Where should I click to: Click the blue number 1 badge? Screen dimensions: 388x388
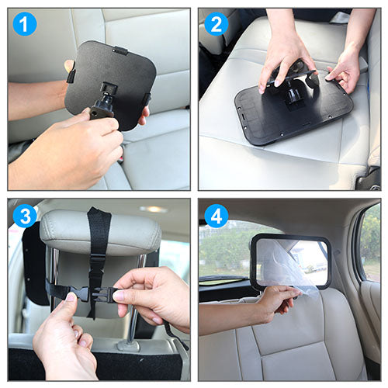[x=25, y=24]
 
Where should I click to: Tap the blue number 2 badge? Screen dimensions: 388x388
[x=217, y=24]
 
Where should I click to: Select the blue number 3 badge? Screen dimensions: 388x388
[x=25, y=216]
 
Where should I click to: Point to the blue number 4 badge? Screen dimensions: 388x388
[x=217, y=216]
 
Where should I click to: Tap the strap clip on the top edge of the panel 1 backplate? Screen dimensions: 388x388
[x=121, y=50]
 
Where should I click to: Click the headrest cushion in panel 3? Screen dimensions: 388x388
[x=100, y=232]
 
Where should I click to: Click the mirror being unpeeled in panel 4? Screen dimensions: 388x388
[x=291, y=262]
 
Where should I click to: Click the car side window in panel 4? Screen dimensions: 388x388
[x=370, y=243]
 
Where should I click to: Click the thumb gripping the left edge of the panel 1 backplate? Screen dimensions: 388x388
[x=69, y=66]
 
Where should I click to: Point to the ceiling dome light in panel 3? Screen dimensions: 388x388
[x=153, y=209]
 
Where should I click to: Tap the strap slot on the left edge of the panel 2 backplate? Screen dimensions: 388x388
[x=244, y=116]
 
